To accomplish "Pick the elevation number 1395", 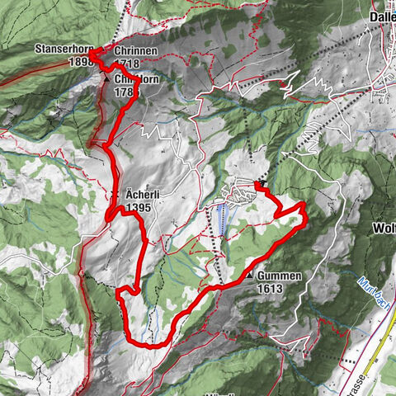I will coord(139,208).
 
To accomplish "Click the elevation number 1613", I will coord(270,289).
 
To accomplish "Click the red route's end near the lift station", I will coord(257,186).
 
